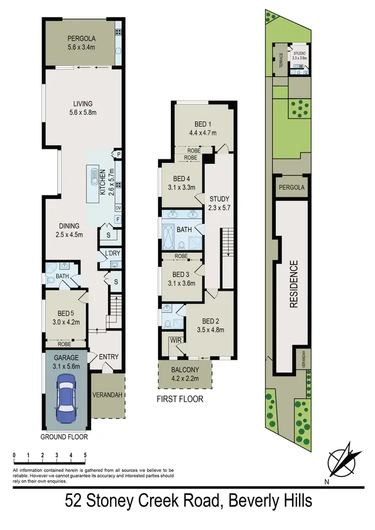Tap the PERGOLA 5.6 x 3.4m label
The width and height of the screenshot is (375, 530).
click(x=82, y=42)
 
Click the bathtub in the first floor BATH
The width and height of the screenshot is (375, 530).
click(x=169, y=233)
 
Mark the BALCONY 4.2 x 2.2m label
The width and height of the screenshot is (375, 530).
click(x=185, y=374)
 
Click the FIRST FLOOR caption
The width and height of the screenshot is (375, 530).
click(x=180, y=399)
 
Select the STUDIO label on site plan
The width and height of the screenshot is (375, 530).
click(x=300, y=52)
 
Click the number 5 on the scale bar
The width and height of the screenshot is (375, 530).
click(x=85, y=455)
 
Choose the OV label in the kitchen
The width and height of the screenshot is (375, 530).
click(x=118, y=208)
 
